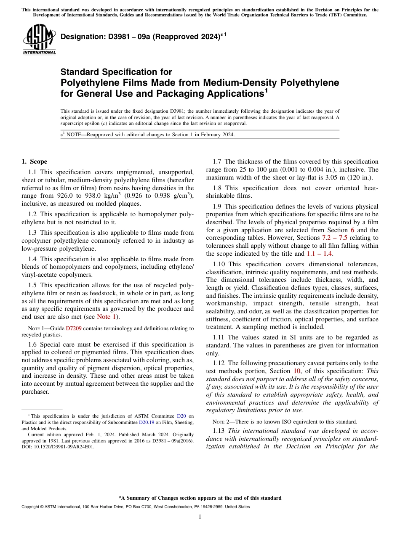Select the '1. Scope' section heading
tap(35, 162)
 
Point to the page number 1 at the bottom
tap(200, 516)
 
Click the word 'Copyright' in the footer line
tap(31, 507)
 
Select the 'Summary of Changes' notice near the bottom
tap(200, 498)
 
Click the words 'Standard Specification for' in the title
tap(116, 72)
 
